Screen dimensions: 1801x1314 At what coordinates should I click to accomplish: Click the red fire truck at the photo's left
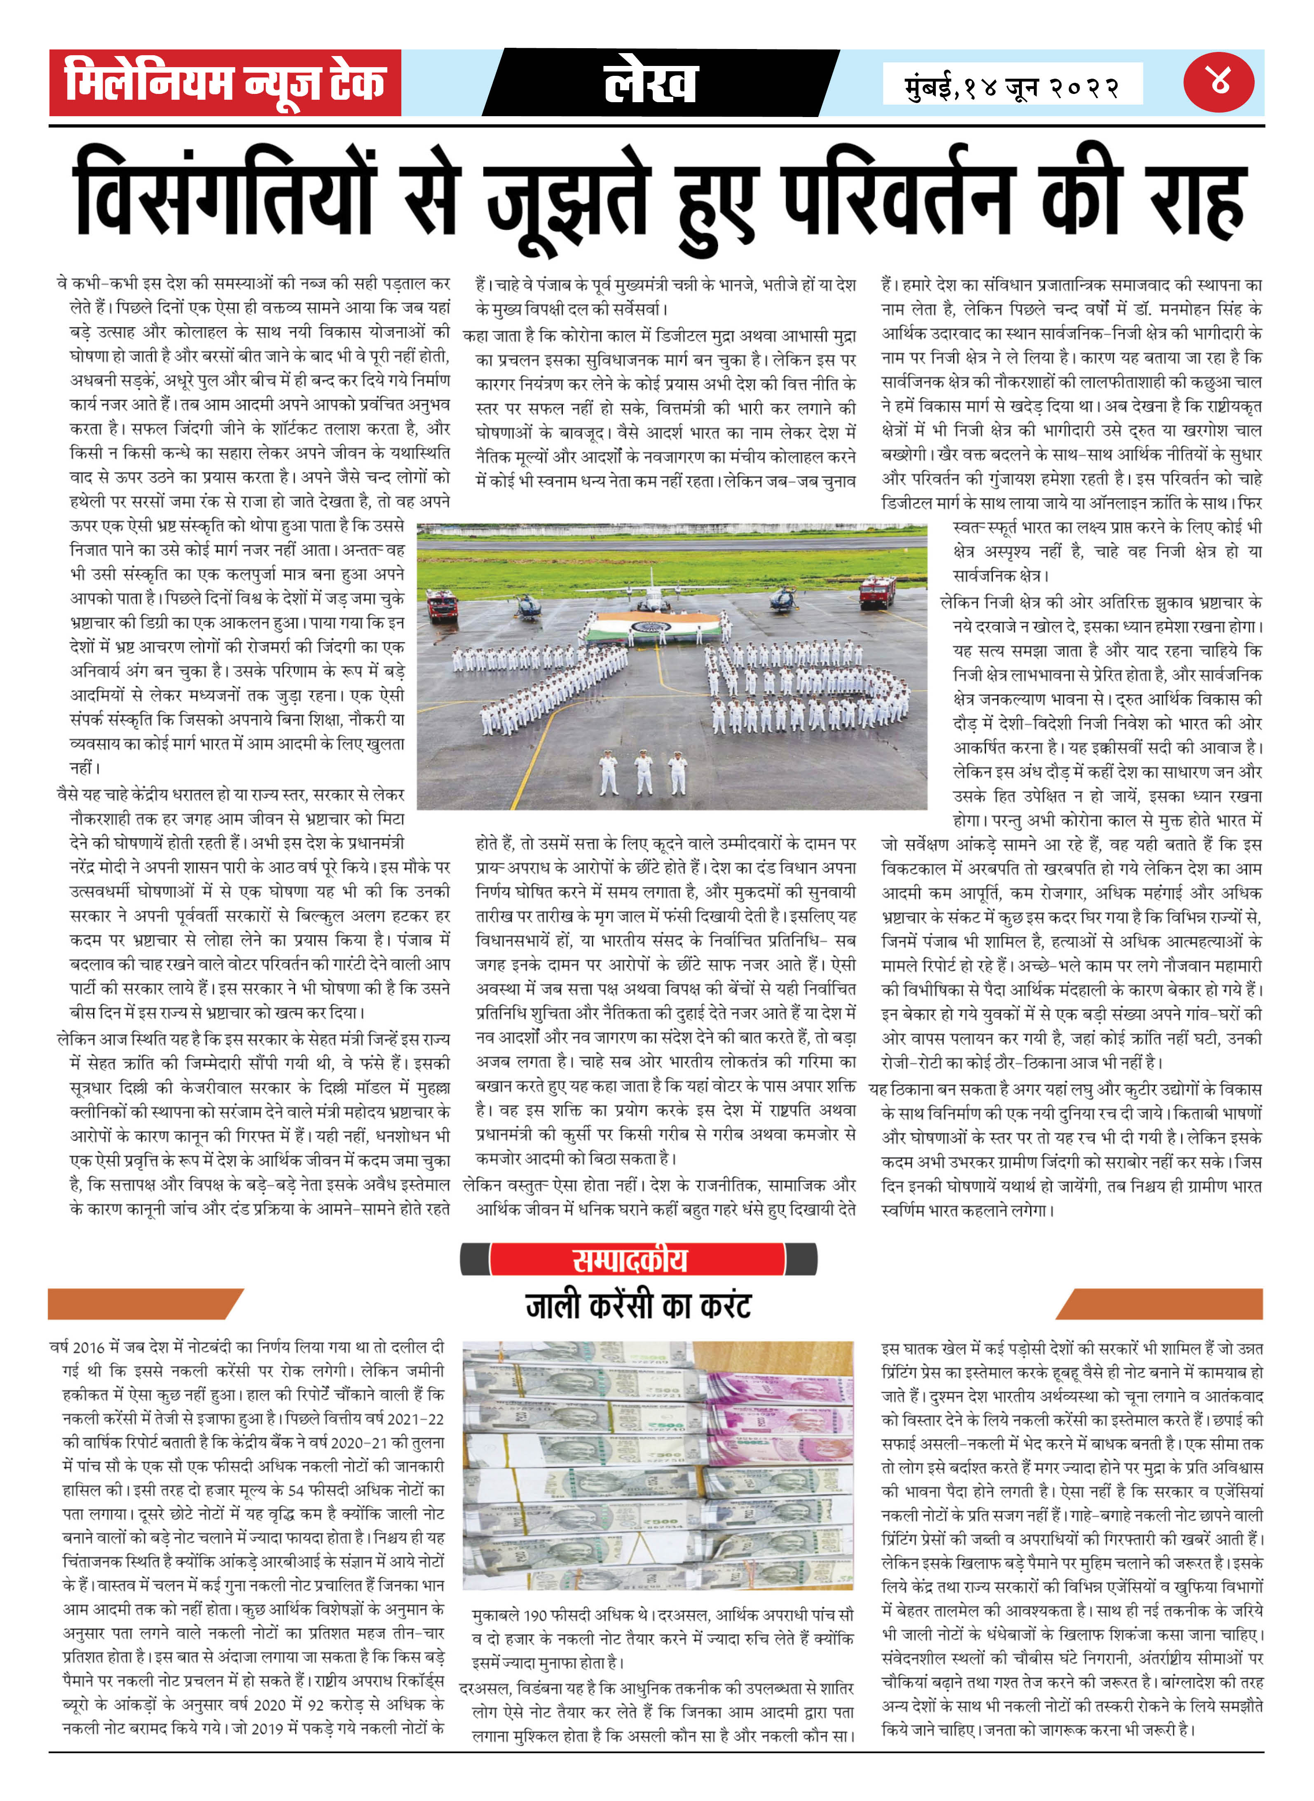pyautogui.click(x=441, y=604)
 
